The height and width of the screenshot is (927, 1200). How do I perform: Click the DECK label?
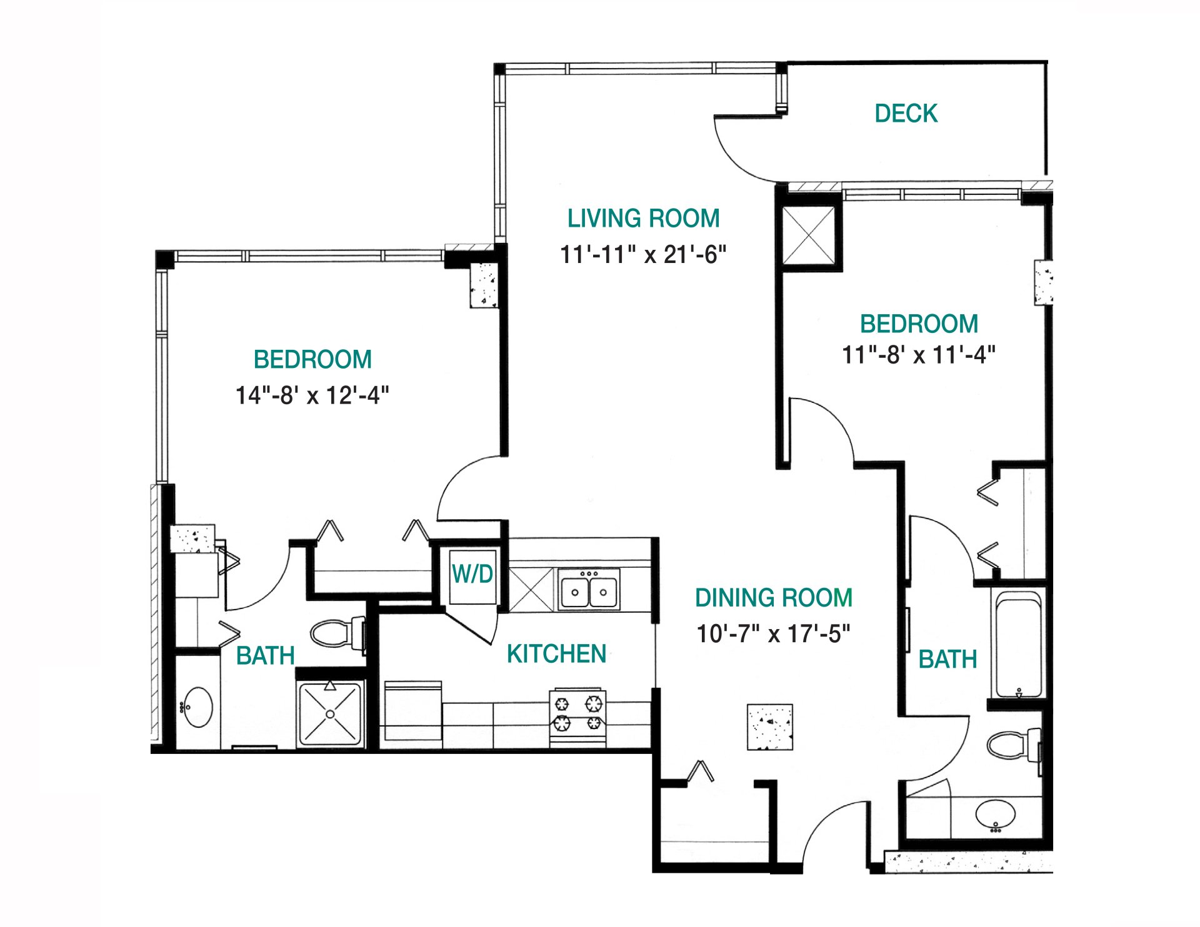(x=906, y=114)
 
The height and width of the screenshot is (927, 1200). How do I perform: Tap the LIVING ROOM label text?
(x=643, y=219)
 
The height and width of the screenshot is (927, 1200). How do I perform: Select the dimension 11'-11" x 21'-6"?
(x=643, y=255)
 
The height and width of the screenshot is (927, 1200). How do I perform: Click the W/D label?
(x=472, y=573)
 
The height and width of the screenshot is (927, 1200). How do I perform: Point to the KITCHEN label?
(x=556, y=654)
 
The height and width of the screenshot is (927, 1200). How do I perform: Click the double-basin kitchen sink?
(x=589, y=590)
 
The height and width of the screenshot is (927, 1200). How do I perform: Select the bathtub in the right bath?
(x=1019, y=645)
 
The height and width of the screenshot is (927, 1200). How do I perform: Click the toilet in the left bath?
(x=334, y=633)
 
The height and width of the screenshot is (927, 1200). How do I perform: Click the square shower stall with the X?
(x=330, y=714)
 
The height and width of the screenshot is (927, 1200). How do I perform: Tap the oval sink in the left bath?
(x=198, y=707)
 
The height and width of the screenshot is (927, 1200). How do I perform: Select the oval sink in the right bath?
(x=996, y=814)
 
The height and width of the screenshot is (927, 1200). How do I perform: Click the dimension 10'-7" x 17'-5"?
(x=773, y=634)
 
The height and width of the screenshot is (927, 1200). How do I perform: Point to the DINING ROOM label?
(x=773, y=598)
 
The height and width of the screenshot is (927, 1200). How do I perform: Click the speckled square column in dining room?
(x=770, y=727)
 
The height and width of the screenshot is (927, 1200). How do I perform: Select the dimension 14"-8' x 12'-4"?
(x=312, y=395)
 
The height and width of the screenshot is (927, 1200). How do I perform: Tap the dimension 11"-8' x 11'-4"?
(x=918, y=355)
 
